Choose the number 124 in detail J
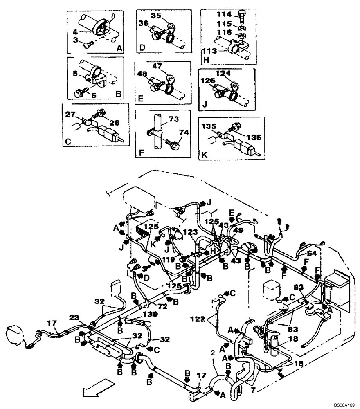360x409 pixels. [x=232, y=74]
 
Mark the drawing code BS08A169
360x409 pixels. [x=342, y=404]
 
